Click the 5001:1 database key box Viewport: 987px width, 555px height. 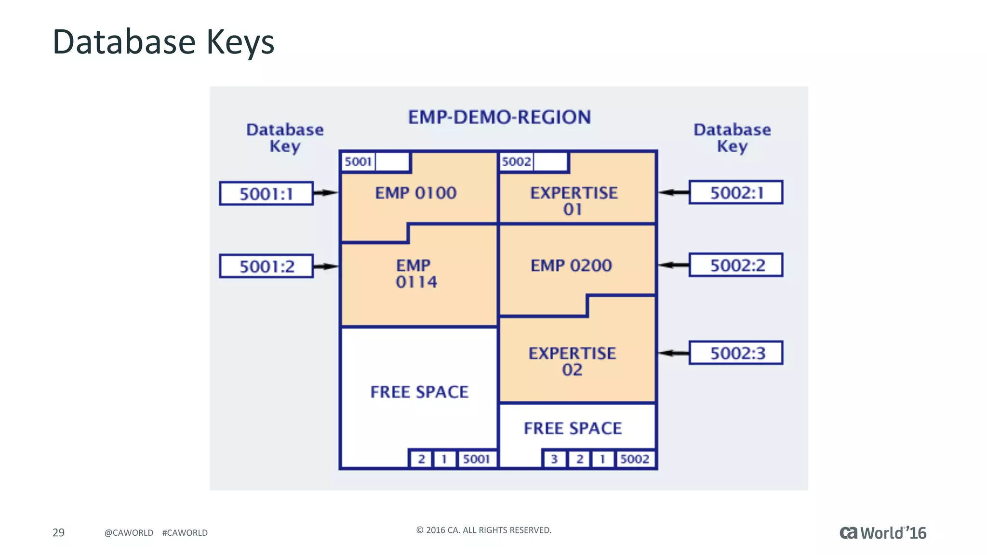point(266,194)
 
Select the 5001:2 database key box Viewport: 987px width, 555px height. point(266,266)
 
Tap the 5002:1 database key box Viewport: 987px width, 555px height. point(736,193)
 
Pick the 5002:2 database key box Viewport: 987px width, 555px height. point(736,265)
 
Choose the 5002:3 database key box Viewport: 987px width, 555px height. point(736,353)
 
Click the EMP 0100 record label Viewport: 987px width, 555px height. point(415,193)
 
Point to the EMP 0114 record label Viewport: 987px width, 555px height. point(415,274)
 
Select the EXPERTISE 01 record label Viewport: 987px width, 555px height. point(574,201)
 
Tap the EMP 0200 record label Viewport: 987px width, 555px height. point(571,265)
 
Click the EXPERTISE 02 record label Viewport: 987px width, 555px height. point(572,361)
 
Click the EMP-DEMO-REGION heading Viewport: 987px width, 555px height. point(499,117)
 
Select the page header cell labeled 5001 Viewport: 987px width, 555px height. point(358,161)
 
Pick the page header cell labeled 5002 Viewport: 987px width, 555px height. point(516,161)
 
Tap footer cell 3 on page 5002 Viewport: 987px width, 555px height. point(554,459)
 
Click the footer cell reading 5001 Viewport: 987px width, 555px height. point(476,459)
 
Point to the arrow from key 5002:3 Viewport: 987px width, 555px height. point(674,353)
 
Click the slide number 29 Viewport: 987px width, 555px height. point(58,532)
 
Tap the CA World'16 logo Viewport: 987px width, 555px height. point(883,533)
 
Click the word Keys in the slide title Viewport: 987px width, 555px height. point(240,42)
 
